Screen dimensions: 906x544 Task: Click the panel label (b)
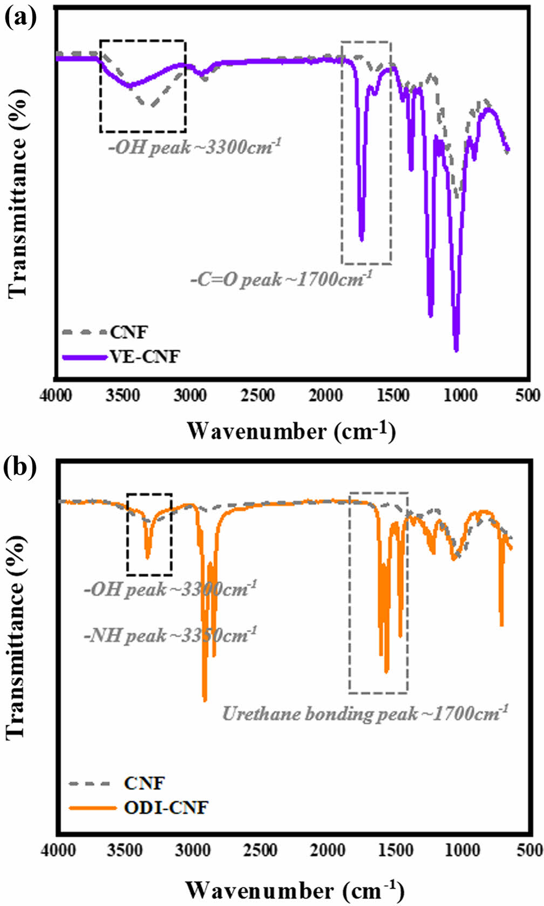pyautogui.click(x=21, y=467)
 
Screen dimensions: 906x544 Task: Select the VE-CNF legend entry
pyautogui.click(x=145, y=357)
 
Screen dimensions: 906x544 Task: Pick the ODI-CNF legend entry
pyautogui.click(x=166, y=808)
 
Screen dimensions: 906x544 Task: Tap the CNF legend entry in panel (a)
pyautogui.click(x=128, y=332)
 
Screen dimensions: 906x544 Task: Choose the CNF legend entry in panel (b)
pyautogui.click(x=144, y=783)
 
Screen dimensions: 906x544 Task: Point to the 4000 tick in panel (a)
pyautogui.click(x=56, y=396)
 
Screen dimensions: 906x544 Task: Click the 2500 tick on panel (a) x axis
pyautogui.click(x=257, y=396)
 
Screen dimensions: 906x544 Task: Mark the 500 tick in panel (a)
pyautogui.click(x=527, y=396)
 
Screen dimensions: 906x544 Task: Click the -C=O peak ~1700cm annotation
pyautogui.click(x=281, y=279)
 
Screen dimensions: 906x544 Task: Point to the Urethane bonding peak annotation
pyautogui.click(x=365, y=713)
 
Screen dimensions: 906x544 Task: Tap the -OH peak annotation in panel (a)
pyautogui.click(x=195, y=147)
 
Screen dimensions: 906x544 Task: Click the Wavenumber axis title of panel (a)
pyautogui.click(x=291, y=431)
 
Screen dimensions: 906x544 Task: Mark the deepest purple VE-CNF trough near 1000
pyautogui.click(x=457, y=350)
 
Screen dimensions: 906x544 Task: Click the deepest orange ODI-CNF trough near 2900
pyautogui.click(x=205, y=700)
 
